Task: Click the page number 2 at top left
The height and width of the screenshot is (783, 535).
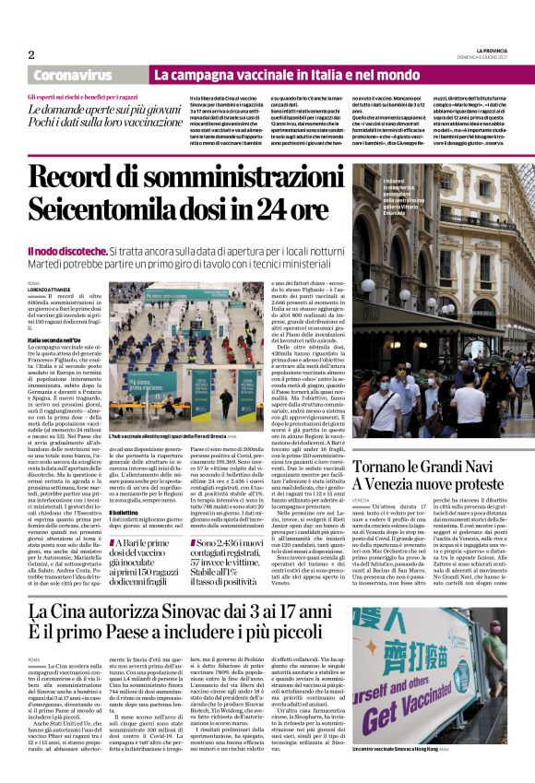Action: pos(30,53)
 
